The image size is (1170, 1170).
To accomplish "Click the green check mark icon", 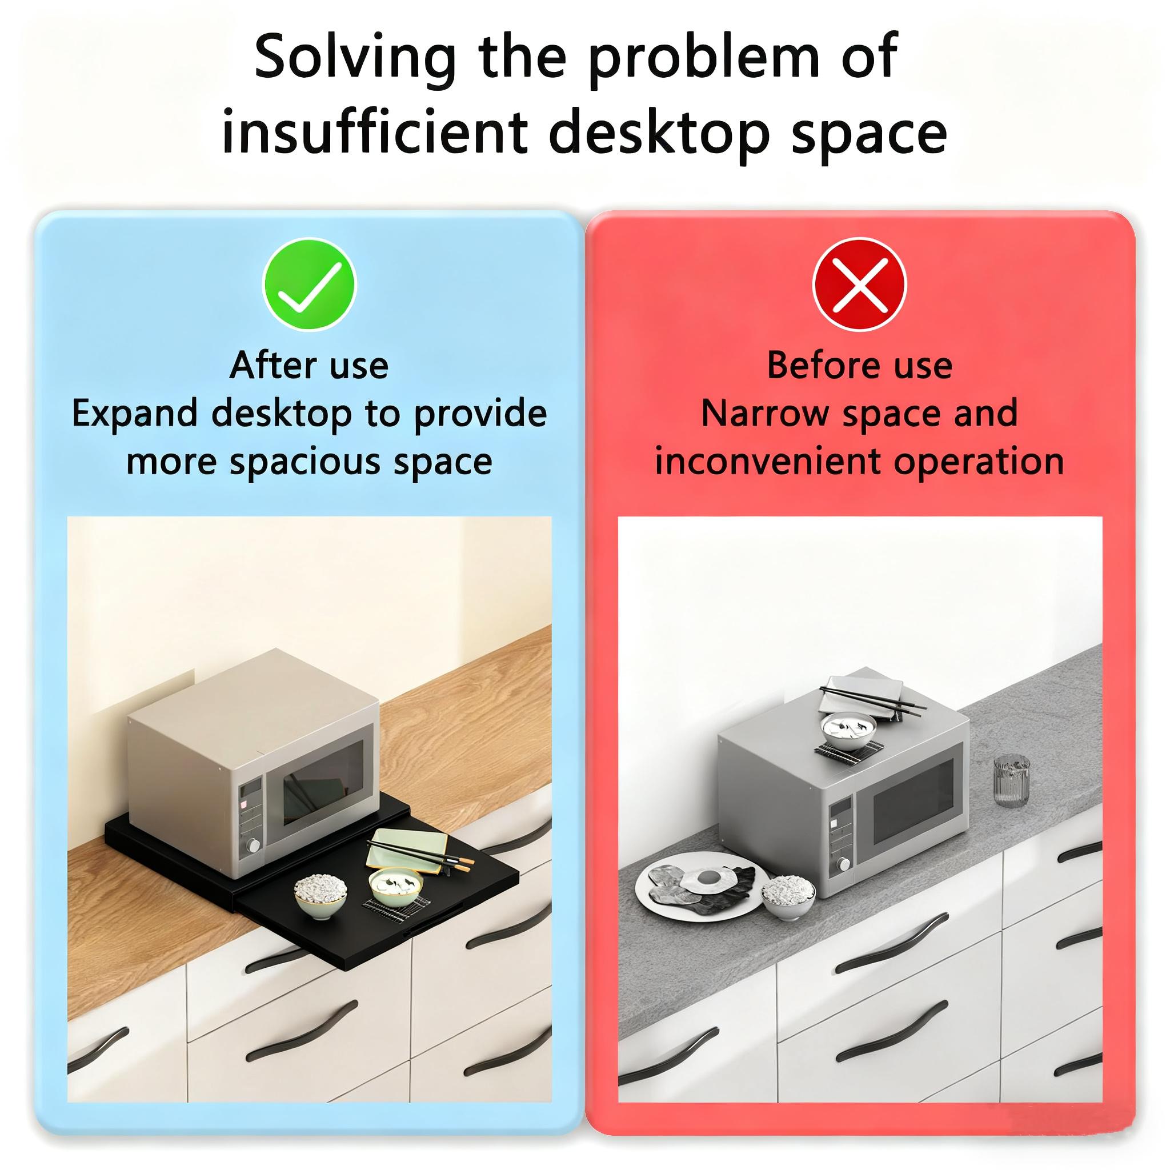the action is point(309,284).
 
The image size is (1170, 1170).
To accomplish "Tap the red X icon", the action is point(859,284).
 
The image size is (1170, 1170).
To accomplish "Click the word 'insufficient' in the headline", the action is point(376,131).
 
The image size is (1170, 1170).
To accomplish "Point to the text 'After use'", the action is point(309,365).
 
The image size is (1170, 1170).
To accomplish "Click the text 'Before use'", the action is point(860,365).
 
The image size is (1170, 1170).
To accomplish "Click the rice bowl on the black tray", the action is point(321,896).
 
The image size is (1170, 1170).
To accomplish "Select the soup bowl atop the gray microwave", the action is point(850,731).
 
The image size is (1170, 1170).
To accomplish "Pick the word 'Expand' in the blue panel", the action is point(135,414).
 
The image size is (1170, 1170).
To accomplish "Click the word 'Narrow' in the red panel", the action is point(765,414).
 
